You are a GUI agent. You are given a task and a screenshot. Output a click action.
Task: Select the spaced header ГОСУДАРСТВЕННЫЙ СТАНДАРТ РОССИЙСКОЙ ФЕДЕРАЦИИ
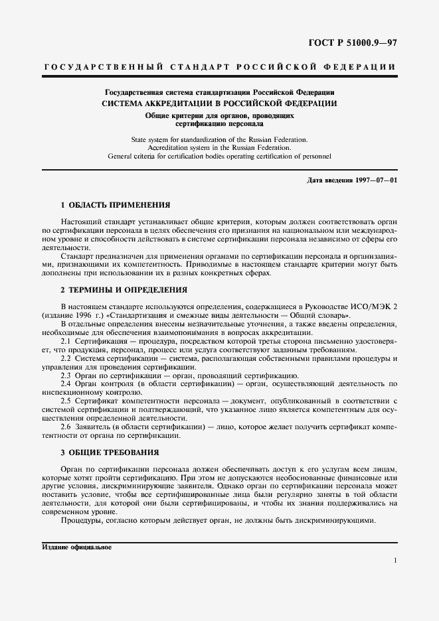coord(219,67)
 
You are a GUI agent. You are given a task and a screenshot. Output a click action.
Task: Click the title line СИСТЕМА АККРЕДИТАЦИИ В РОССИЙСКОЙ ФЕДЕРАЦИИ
coord(219,103)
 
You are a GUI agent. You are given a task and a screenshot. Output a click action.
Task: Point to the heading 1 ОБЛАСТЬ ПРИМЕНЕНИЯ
coord(116,205)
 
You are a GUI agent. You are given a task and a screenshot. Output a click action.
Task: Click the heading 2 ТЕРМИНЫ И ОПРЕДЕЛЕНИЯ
coord(124,289)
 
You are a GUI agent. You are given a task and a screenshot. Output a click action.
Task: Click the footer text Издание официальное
coord(76,548)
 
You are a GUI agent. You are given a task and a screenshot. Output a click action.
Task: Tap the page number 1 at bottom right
coord(395,561)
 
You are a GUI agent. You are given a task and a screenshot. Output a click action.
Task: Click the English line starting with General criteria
coord(219,157)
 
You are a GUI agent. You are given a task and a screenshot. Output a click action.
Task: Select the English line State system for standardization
coord(219,141)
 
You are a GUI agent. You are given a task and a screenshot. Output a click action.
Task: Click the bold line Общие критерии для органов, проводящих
coord(219,115)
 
